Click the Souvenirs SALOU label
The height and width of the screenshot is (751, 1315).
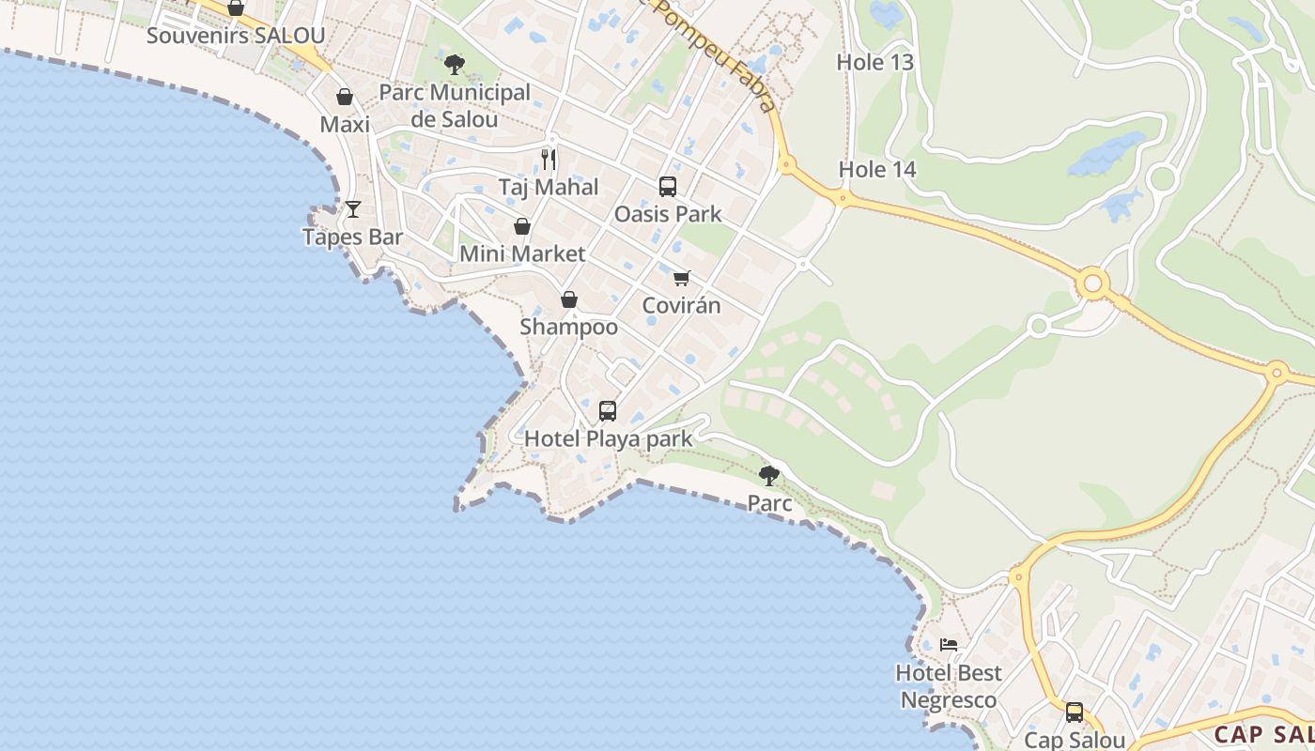click(x=236, y=36)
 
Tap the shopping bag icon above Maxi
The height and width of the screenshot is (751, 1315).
click(x=345, y=97)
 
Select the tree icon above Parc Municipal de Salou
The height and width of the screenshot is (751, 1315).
click(x=455, y=65)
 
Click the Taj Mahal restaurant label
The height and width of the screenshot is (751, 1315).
click(x=549, y=187)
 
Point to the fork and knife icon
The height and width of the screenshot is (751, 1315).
click(x=549, y=159)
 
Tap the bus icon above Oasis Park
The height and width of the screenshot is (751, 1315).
click(x=668, y=187)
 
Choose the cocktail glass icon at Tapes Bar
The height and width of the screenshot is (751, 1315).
click(x=353, y=209)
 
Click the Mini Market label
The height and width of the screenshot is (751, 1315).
click(x=522, y=253)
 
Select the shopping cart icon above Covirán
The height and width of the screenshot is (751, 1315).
click(x=682, y=278)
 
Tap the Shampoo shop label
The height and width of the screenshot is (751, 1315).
click(x=569, y=327)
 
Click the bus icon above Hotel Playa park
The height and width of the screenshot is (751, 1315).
click(x=608, y=411)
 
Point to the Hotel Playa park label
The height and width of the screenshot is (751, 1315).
click(x=608, y=438)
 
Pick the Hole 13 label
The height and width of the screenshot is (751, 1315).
click(x=875, y=62)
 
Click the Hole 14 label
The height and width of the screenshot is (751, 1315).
click(x=877, y=170)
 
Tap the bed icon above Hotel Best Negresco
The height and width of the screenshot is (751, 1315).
click(x=950, y=645)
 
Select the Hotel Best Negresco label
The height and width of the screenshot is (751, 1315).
click(x=949, y=686)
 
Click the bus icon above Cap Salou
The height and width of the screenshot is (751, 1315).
click(x=1075, y=713)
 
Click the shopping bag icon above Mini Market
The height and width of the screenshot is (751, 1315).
click(x=522, y=226)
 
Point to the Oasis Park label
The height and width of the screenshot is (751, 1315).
click(x=668, y=214)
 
